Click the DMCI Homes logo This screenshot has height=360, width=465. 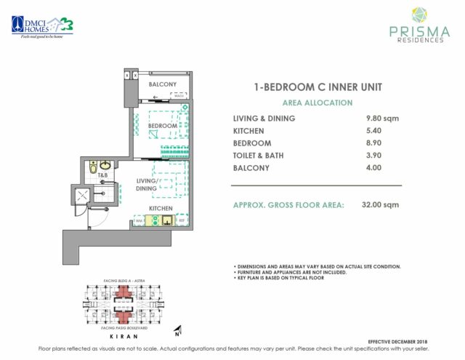click(41, 25)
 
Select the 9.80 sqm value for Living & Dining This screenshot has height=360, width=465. click(385, 119)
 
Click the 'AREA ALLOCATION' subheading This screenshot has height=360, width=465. click(318, 103)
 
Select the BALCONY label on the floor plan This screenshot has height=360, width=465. click(162, 84)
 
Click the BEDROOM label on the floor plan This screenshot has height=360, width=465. click(163, 126)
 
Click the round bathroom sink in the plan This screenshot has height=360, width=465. click(106, 165)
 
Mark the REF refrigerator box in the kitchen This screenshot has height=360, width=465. click(182, 220)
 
